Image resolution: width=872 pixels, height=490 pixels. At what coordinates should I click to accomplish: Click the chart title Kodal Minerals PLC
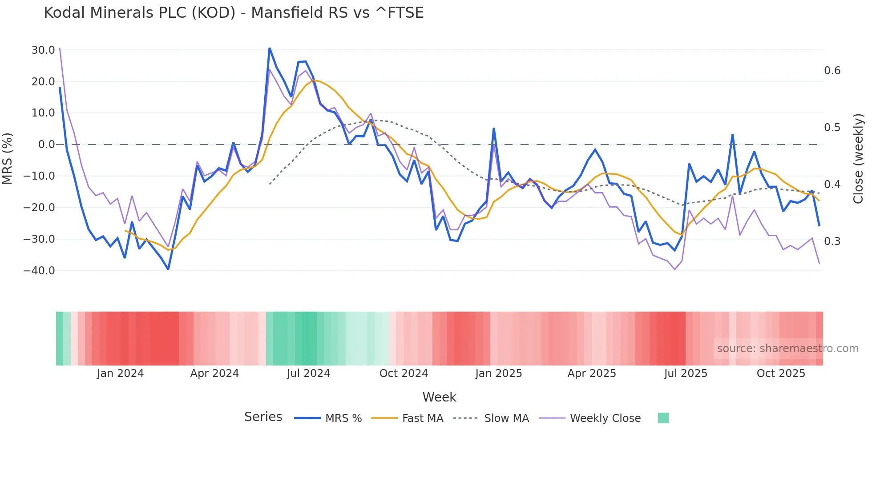pos(234,13)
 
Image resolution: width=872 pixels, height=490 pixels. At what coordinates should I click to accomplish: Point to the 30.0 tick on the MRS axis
pos(43,50)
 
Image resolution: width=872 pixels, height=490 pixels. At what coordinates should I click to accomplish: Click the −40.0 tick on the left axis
pos(39,270)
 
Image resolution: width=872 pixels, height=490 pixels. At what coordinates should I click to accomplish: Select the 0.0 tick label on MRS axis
pos(46,145)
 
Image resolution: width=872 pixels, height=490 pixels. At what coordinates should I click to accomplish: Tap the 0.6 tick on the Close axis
pos(832,71)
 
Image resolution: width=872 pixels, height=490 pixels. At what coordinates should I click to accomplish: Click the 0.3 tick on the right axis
pos(832,241)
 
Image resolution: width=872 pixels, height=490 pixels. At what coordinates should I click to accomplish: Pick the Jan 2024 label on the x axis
pos(120,374)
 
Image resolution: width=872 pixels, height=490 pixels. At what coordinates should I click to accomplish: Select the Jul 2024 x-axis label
pos(308,374)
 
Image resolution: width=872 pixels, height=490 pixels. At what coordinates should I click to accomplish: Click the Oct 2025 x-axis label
pos(781,374)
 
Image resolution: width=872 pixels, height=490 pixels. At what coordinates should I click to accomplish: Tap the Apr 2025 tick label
pos(592,374)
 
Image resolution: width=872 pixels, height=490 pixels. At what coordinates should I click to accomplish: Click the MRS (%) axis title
pos(8,159)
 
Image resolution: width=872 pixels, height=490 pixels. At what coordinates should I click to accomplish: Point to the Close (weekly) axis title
pos(858,159)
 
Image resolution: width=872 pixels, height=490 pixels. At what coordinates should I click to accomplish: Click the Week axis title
pos(439,397)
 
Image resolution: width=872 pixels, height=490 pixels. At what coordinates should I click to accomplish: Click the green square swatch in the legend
pos(663,418)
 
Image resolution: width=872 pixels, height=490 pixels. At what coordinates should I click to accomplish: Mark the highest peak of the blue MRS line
pos(270,48)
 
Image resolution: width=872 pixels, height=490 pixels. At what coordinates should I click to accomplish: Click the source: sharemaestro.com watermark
pos(787,349)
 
